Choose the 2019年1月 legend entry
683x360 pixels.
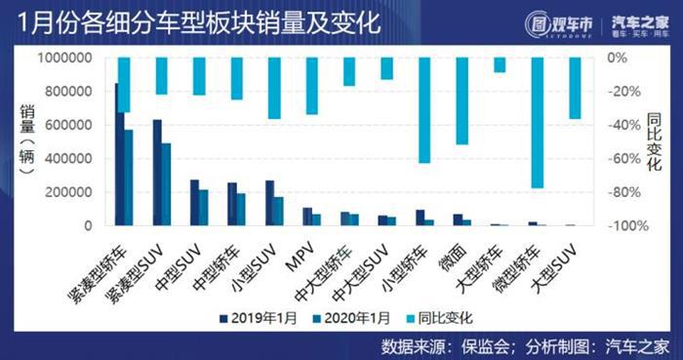pos(262,317)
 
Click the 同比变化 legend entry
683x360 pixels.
pos(433,317)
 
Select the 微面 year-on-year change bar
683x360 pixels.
pos(462,100)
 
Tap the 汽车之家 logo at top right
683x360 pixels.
pos(638,23)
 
